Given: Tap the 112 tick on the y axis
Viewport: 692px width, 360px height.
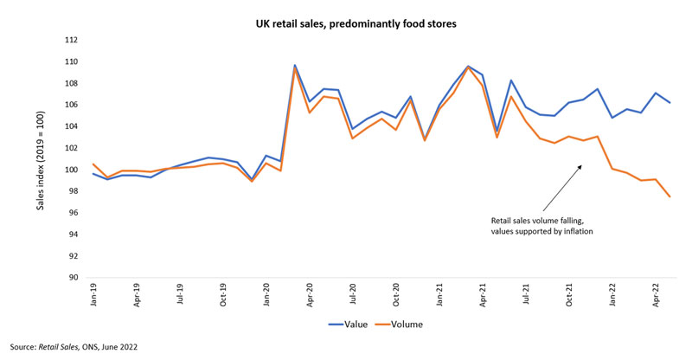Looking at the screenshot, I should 72,40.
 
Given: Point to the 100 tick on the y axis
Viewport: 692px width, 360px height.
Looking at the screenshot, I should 72,170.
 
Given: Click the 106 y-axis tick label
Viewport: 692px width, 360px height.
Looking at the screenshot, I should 72,105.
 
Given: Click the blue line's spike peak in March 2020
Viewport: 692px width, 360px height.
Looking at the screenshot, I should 295,65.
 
